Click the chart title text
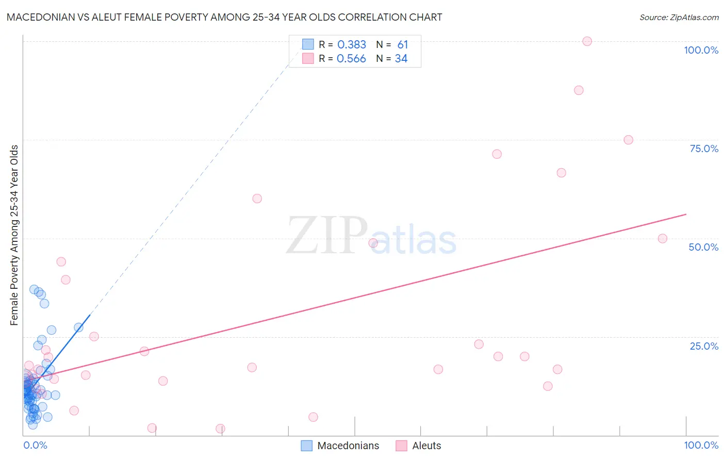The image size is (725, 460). pyautogui.click(x=224, y=17)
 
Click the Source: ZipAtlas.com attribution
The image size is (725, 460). pyautogui.click(x=679, y=17)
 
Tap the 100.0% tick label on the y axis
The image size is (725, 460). pyautogui.click(x=701, y=50)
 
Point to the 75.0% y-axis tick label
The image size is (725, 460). pyautogui.click(x=704, y=149)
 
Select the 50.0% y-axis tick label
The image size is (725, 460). pyautogui.click(x=703, y=247)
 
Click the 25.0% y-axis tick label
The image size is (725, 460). pyautogui.click(x=704, y=346)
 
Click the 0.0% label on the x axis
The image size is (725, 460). pyautogui.click(x=35, y=445)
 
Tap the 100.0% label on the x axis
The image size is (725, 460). pyautogui.click(x=701, y=445)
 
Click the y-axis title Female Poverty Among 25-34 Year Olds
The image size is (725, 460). pyautogui.click(x=14, y=235)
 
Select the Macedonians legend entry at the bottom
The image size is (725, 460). pyautogui.click(x=348, y=446)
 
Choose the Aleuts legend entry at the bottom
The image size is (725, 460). pyautogui.click(x=426, y=446)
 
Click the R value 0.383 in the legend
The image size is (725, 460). pyautogui.click(x=352, y=45)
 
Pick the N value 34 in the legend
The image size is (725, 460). pyautogui.click(x=401, y=59)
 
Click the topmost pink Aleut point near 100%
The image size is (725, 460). pyautogui.click(x=587, y=41)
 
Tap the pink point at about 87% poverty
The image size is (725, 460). pyautogui.click(x=579, y=90)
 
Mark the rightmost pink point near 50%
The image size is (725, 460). pyautogui.click(x=663, y=239)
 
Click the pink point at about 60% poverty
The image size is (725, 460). pyautogui.click(x=257, y=199)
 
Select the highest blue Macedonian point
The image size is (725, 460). pyautogui.click(x=34, y=289)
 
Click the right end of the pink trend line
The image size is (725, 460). pyautogui.click(x=686, y=214)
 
